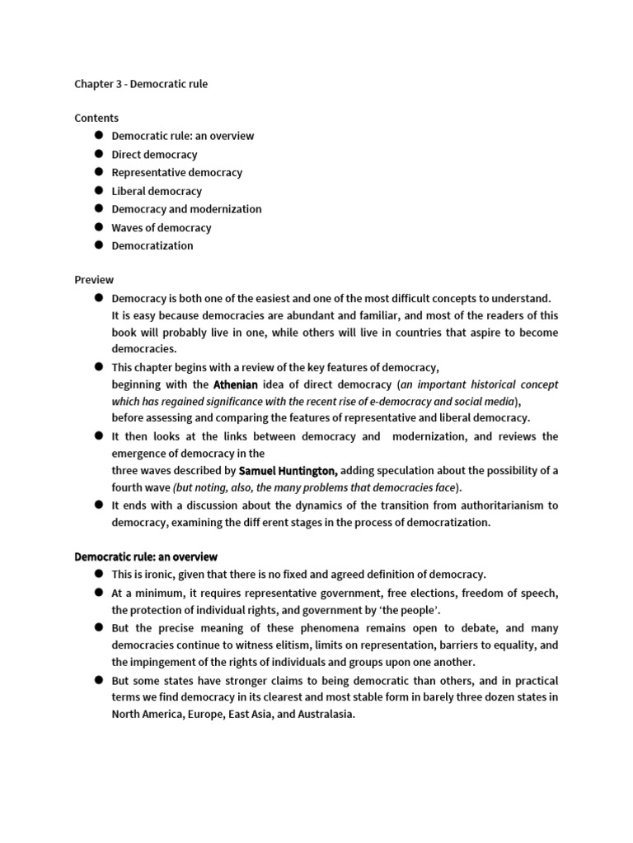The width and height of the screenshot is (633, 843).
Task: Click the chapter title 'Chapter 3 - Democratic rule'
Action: [147, 83]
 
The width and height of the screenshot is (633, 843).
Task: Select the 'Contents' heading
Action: [96, 118]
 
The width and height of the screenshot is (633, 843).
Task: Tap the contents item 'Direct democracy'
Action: [154, 154]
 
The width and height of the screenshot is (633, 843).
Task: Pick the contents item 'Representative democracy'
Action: [176, 172]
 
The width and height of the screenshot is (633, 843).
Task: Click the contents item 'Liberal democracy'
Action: [157, 191]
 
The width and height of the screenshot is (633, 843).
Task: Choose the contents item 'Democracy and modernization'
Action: [186, 209]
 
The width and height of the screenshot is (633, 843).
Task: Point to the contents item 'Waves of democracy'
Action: [162, 227]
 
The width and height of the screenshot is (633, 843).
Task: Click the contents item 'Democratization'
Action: [152, 245]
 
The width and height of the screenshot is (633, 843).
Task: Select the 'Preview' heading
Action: [94, 280]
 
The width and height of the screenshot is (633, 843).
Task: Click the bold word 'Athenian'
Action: [236, 384]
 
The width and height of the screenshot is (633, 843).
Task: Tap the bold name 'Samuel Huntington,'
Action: [288, 470]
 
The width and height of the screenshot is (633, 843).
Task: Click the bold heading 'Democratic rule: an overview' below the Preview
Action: [146, 557]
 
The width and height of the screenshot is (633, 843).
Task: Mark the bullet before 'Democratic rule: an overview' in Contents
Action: [97, 135]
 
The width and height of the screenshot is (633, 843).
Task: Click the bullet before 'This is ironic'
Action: [97, 573]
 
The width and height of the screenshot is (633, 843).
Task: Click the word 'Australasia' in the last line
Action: [326, 714]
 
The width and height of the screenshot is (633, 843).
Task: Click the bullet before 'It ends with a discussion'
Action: [97, 505]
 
